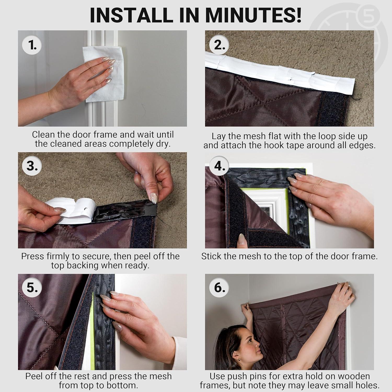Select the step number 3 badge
(x=33, y=166)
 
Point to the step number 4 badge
(x=220, y=166)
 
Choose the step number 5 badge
(x=33, y=287)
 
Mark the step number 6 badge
(x=220, y=287)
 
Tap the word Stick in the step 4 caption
(x=211, y=256)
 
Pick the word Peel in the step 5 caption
(x=34, y=376)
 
